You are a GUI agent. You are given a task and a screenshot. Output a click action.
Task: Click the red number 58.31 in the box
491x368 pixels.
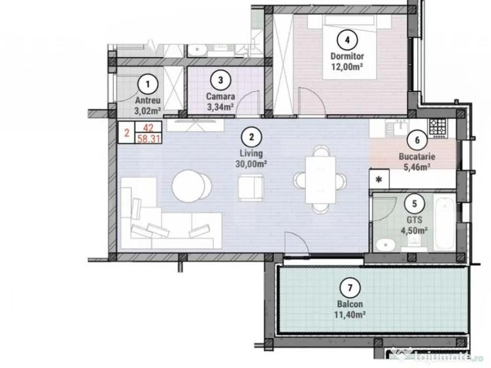[148, 139]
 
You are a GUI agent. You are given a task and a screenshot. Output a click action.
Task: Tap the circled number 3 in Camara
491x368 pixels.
[222, 80]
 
